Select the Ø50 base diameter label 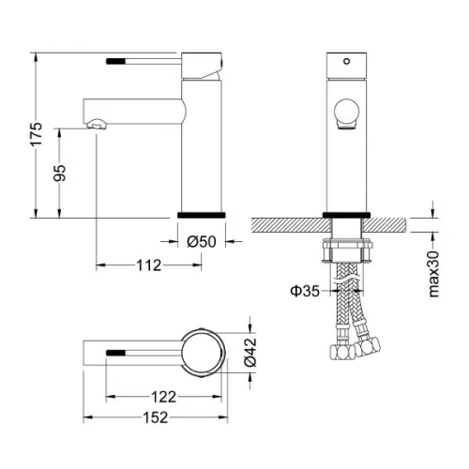coord(202,242)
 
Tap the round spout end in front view coord(344,116)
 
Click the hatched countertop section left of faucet coord(286,225)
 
